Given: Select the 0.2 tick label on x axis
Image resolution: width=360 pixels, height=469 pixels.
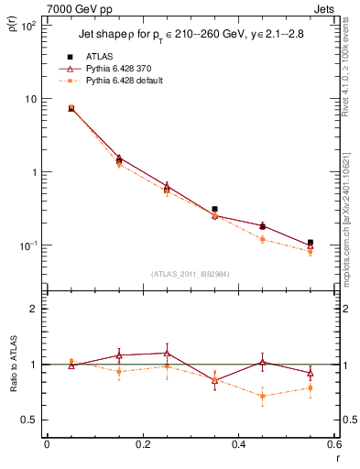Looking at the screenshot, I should tap(142, 444).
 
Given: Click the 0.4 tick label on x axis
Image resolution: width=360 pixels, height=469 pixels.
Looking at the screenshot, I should tap(238, 444).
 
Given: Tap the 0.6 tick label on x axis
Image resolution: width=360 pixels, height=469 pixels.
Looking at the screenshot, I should tap(333, 444).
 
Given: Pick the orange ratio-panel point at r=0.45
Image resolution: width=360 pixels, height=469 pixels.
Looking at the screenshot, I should tap(263, 396).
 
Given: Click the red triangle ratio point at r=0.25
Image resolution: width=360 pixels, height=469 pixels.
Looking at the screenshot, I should tap(167, 353).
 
